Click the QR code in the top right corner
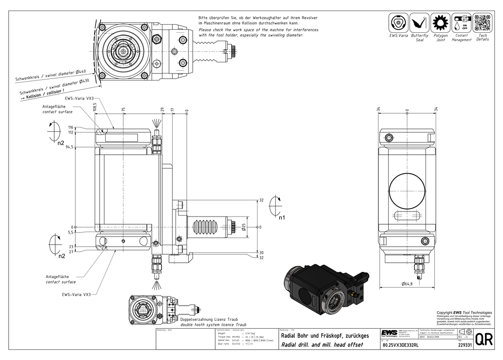(x=481, y=24)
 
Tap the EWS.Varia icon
(x=399, y=23)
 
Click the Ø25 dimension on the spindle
(x=243, y=227)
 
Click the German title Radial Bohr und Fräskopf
(x=325, y=336)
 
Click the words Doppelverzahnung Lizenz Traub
(x=206, y=320)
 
